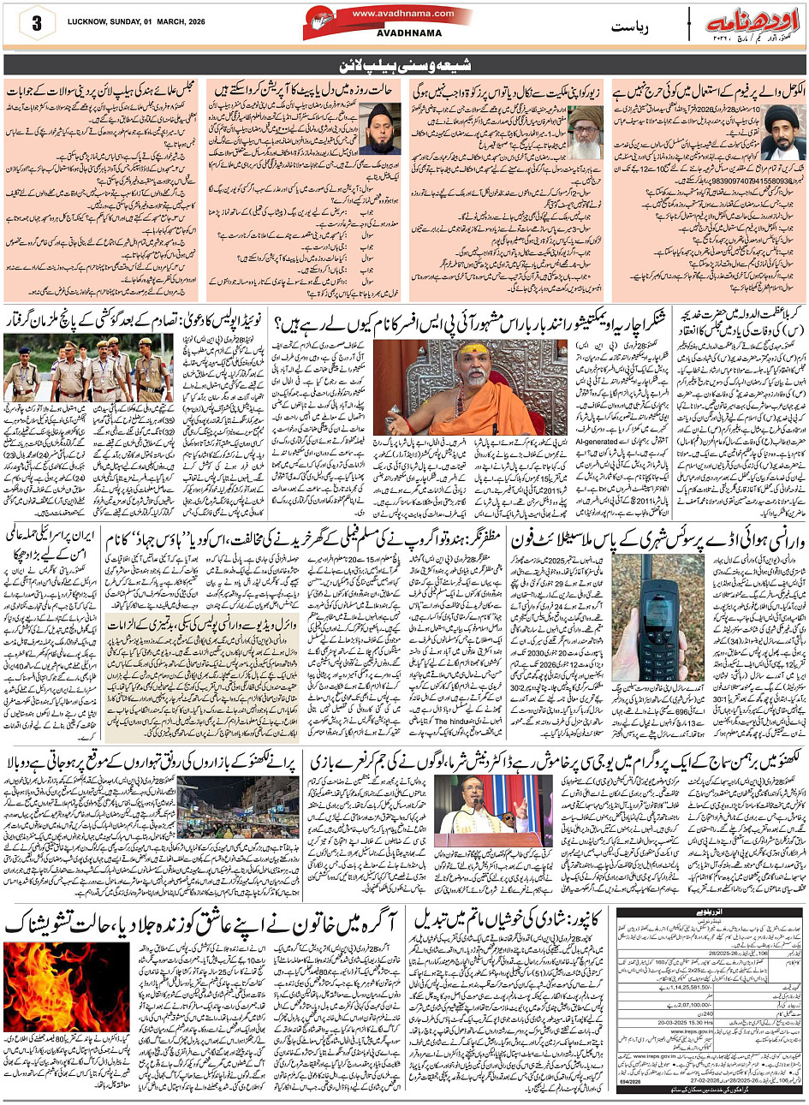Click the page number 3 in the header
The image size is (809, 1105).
[x=37, y=24]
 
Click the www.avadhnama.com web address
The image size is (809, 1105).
[x=391, y=14]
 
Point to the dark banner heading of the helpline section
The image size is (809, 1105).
[x=404, y=65]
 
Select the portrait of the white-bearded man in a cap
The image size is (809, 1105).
[x=585, y=130]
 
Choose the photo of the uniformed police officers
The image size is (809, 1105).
[x=86, y=367]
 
